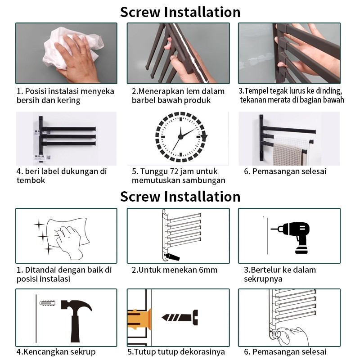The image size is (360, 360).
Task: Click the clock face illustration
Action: (x=181, y=137)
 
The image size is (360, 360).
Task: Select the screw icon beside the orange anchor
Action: (x=180, y=318)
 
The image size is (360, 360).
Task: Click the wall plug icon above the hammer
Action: (x=48, y=303)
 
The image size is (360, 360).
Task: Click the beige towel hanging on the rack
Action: (x=288, y=154)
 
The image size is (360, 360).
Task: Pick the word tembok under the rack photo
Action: (x=31, y=180)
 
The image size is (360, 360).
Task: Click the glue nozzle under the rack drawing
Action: (x=172, y=256)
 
